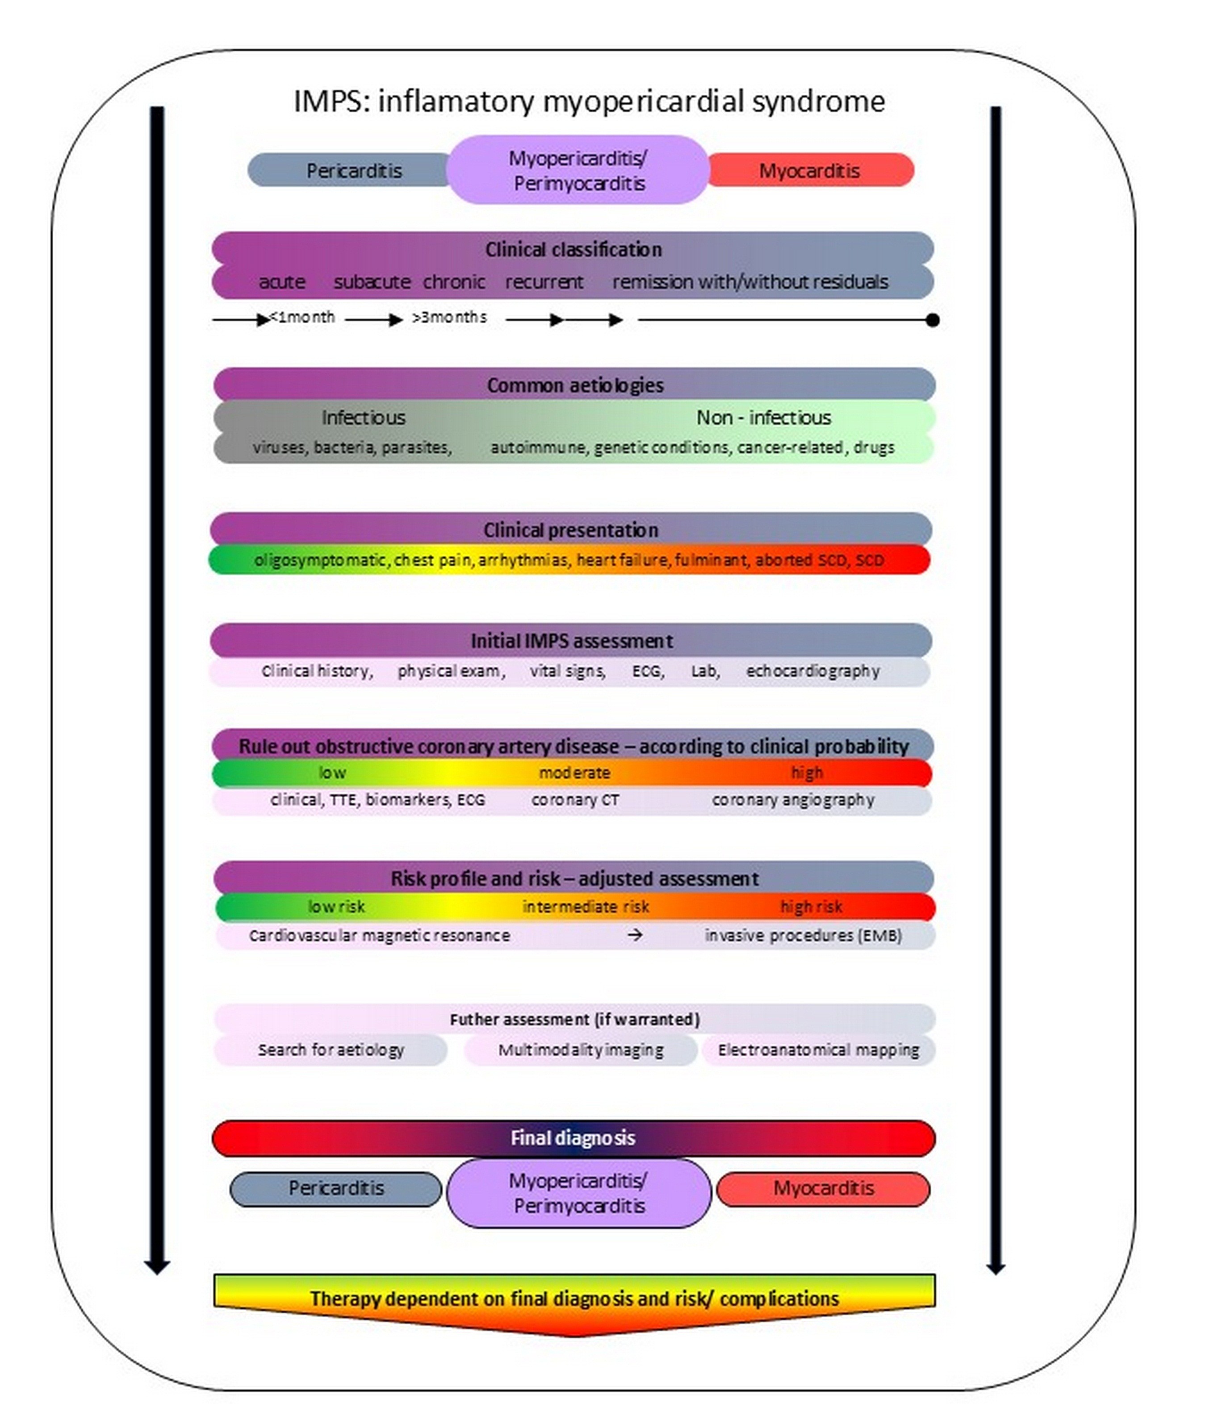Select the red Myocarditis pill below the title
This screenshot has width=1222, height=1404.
809,171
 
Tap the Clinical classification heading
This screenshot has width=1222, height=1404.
573,250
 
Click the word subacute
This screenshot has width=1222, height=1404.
372,282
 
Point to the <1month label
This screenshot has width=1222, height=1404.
302,317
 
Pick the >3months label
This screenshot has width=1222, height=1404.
449,317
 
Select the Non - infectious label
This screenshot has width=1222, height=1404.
763,417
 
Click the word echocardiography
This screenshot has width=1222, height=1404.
813,671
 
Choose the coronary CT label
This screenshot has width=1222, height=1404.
575,800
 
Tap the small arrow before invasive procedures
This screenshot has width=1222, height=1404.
634,935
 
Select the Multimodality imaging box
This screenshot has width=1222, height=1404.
580,1050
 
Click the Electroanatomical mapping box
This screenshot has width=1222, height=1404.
818,1050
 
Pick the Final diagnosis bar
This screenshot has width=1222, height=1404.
573,1138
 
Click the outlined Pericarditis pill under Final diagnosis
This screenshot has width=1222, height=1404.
336,1188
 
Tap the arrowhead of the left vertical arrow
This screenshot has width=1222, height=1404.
157,1267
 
